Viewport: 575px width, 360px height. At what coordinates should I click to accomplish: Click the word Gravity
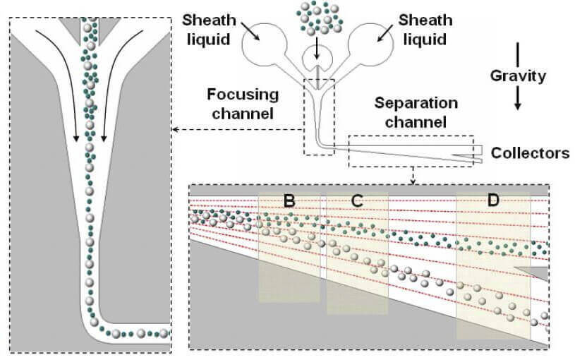518,76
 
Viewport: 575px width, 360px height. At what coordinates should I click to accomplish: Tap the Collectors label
531,153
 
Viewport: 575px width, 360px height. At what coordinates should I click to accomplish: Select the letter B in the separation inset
289,200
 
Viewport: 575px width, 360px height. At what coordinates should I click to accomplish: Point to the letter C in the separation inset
357,200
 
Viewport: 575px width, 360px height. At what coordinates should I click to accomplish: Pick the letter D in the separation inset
493,200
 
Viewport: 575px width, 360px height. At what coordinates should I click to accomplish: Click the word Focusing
243,95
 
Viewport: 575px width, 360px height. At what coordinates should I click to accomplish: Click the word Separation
416,103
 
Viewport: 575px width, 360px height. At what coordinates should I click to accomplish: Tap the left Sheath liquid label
209,30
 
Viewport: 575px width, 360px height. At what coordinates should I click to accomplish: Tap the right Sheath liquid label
425,30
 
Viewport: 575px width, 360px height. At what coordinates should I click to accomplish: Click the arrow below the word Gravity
517,97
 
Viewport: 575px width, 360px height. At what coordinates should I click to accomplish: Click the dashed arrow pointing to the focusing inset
238,129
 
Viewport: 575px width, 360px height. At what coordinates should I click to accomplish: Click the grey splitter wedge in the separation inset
531,273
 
